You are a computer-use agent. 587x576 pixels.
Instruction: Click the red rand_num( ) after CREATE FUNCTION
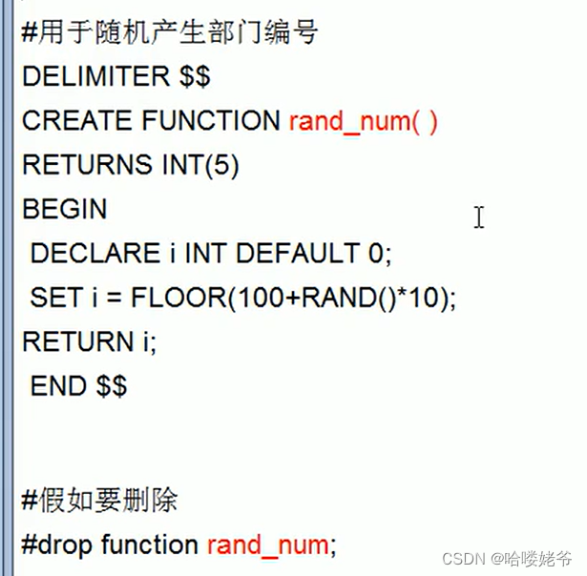(x=363, y=122)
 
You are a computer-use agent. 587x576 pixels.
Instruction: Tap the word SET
(x=55, y=298)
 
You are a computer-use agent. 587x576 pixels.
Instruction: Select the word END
(x=59, y=385)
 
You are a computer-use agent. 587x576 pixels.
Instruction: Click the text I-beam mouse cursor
(x=478, y=217)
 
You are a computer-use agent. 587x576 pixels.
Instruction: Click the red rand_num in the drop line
(x=267, y=545)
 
